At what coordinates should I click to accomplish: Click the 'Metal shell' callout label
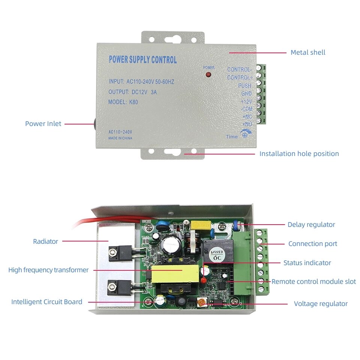click(x=308, y=52)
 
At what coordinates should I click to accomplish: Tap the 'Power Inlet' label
click(x=43, y=124)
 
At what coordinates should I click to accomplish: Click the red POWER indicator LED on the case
click(x=208, y=75)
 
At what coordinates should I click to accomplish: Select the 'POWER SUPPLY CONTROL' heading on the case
click(x=142, y=60)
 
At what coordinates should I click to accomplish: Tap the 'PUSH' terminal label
click(x=244, y=85)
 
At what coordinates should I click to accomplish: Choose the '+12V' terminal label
click(x=246, y=101)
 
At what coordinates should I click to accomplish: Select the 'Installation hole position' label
click(x=299, y=154)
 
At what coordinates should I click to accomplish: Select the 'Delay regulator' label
click(x=311, y=225)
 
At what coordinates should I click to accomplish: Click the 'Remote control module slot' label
click(x=313, y=281)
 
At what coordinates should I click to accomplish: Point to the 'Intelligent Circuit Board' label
click(x=46, y=302)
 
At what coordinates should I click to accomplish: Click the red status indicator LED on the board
click(x=203, y=280)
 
